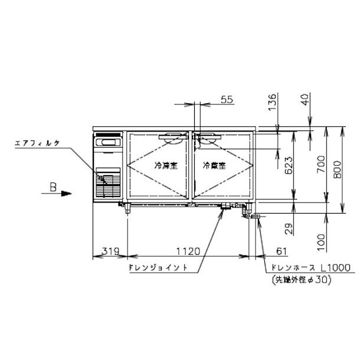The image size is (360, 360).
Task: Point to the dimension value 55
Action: [227, 100]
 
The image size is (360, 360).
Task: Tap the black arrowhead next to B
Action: [67, 193]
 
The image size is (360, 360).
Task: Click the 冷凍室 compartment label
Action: [166, 165]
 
